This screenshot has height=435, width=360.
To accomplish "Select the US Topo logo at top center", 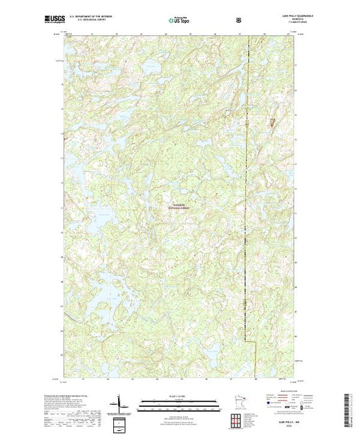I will (x=180, y=21).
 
